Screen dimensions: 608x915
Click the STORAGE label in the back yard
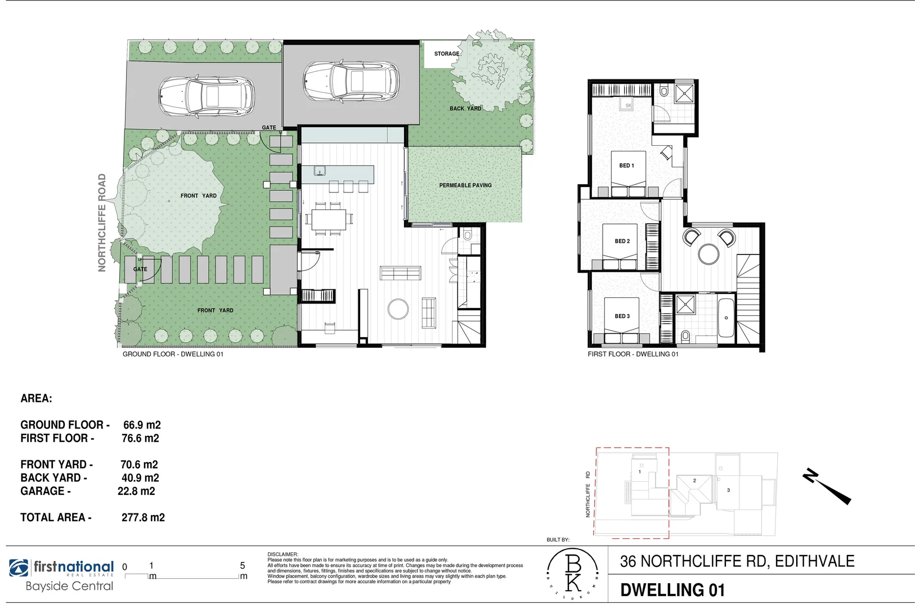point(446,54)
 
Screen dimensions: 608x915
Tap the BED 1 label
point(626,166)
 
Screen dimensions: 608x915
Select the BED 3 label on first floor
point(622,316)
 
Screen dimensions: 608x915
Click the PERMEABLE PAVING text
point(465,185)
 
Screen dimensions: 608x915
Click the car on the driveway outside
point(206,96)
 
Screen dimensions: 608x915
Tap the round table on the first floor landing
point(708,254)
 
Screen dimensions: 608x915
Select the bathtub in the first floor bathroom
point(726,318)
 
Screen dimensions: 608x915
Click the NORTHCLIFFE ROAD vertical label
point(102,222)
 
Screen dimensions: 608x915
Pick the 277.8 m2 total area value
point(143,517)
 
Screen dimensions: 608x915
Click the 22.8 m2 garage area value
point(136,491)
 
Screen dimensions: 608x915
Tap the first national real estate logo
point(61,568)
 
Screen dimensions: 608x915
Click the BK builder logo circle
point(573,574)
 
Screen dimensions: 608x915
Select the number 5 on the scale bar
point(243,566)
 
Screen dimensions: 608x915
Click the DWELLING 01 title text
point(672,590)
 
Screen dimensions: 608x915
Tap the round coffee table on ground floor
point(398,309)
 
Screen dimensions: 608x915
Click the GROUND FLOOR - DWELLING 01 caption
point(173,354)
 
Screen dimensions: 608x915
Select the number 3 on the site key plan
point(728,490)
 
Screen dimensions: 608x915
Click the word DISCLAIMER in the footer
point(282,555)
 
